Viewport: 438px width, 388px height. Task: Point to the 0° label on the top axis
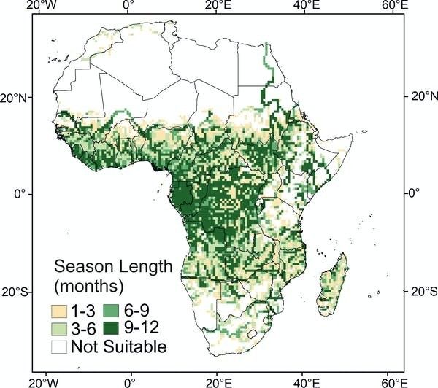pyautogui.click(x=129, y=7)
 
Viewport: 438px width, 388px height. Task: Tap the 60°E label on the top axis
pyautogui.click(x=395, y=7)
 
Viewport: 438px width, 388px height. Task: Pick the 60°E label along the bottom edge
pyautogui.click(x=395, y=381)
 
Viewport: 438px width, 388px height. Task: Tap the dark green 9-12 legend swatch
pyautogui.click(x=107, y=329)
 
